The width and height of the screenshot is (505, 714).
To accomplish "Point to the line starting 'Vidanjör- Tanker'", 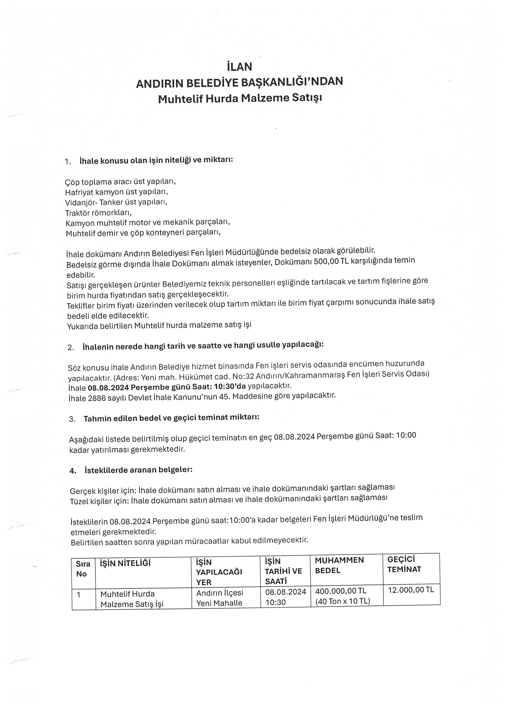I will (116, 202).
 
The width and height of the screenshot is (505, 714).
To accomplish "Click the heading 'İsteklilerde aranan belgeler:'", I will (138, 470).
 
